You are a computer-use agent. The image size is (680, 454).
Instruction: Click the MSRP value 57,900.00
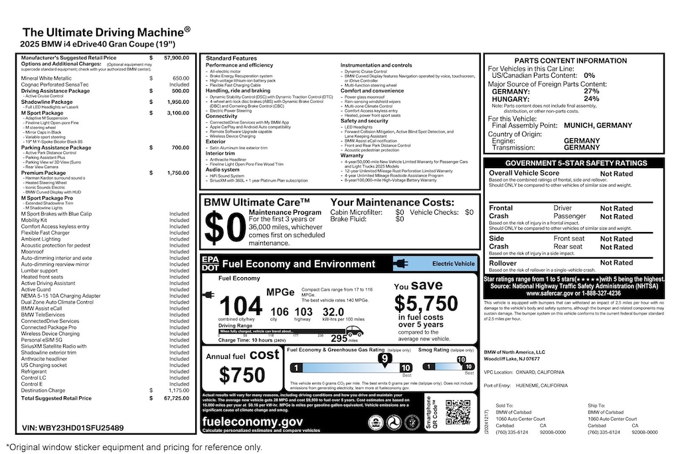click(176, 58)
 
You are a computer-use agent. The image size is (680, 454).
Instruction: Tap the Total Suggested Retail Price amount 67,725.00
click(176, 398)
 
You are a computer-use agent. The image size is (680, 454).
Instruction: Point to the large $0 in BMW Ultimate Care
click(224, 227)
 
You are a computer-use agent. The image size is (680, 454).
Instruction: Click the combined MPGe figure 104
click(240, 307)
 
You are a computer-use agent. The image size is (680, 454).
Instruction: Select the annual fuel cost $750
click(243, 376)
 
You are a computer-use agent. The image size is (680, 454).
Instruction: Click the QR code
click(458, 412)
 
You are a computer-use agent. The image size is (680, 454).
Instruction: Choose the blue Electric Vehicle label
click(435, 264)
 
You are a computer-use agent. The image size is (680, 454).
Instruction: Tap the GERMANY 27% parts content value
click(591, 91)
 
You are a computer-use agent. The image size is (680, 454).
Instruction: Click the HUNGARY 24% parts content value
click(591, 99)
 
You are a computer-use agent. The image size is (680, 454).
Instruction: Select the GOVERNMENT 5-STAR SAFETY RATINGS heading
click(575, 163)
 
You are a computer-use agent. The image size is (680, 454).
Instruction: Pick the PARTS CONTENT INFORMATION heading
click(575, 60)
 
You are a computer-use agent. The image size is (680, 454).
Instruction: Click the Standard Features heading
click(231, 58)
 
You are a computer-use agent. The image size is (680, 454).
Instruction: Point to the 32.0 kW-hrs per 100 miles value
click(333, 311)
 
